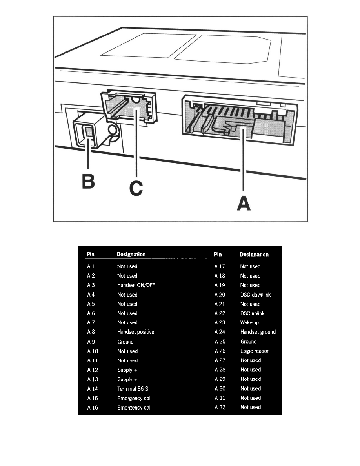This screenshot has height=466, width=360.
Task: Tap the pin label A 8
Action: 91,332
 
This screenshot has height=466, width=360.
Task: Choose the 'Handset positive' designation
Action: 136,332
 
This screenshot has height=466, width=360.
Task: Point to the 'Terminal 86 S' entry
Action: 133,389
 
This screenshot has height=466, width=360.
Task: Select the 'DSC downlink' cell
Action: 255,295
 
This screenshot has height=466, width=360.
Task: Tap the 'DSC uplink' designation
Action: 252,313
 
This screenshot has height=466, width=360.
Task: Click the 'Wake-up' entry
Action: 250,323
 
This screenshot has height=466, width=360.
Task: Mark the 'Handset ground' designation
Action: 258,332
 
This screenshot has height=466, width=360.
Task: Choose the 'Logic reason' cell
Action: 255,351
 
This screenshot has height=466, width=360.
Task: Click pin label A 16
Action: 93,408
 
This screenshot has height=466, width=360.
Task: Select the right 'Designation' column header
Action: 254,255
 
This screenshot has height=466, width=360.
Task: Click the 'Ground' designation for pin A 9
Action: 125,342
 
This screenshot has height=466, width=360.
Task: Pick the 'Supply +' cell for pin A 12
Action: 127,370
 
